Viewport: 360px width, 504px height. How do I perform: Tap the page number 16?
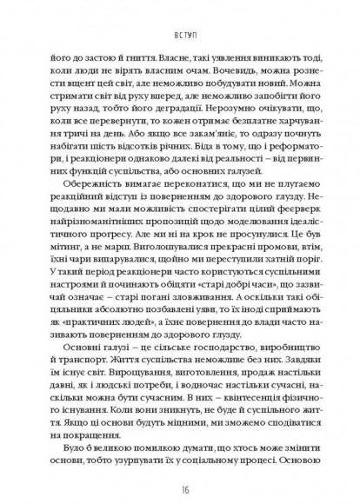click(x=181, y=479)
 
